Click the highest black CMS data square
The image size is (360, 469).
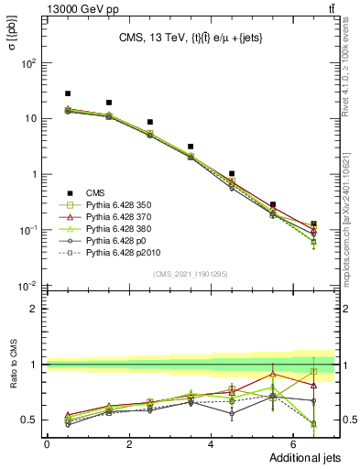point(68,93)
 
